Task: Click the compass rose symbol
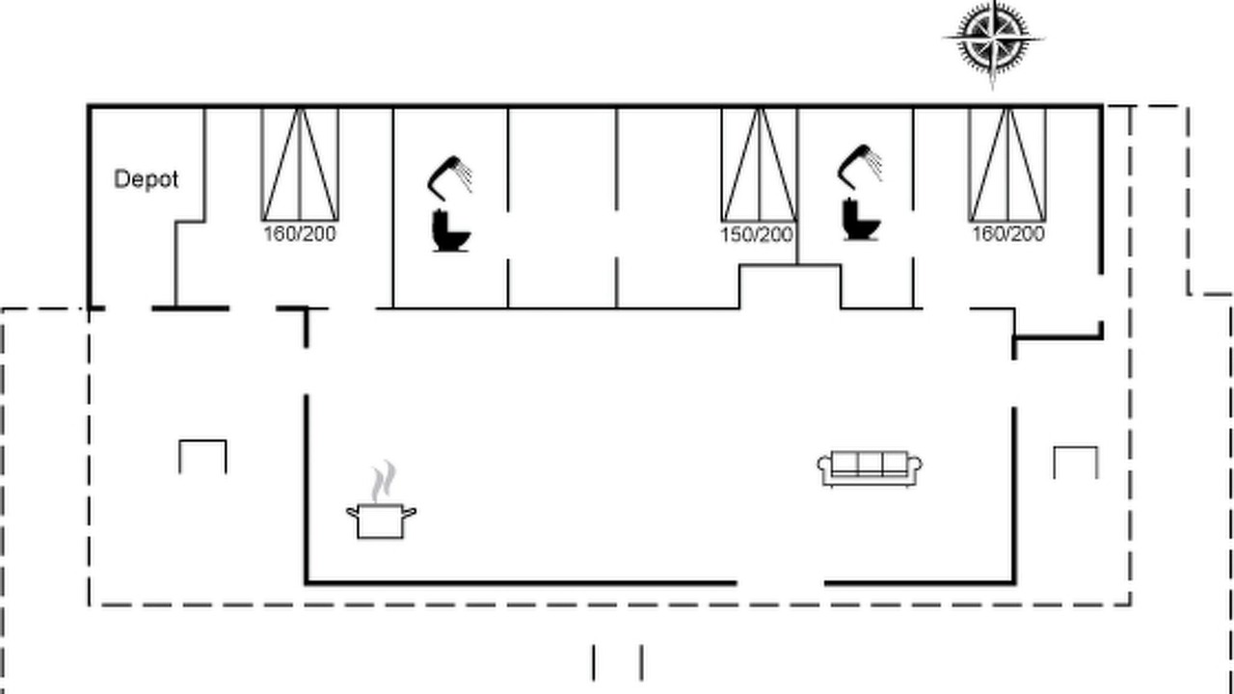tap(993, 40)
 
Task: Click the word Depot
tap(146, 179)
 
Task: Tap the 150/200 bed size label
tap(757, 235)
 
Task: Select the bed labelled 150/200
tap(759, 165)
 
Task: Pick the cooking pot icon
tap(381, 520)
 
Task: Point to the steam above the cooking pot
tap(384, 481)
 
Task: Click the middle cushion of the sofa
tap(870, 463)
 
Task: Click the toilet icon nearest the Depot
tap(451, 230)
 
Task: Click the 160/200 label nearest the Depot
tap(300, 234)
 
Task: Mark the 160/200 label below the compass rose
tap(1008, 234)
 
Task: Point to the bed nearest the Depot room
tap(300, 165)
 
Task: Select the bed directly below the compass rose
tap(1007, 165)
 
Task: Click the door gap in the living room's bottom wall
tap(781, 582)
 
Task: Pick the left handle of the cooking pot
tap(353, 512)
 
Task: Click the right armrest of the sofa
tap(915, 465)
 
